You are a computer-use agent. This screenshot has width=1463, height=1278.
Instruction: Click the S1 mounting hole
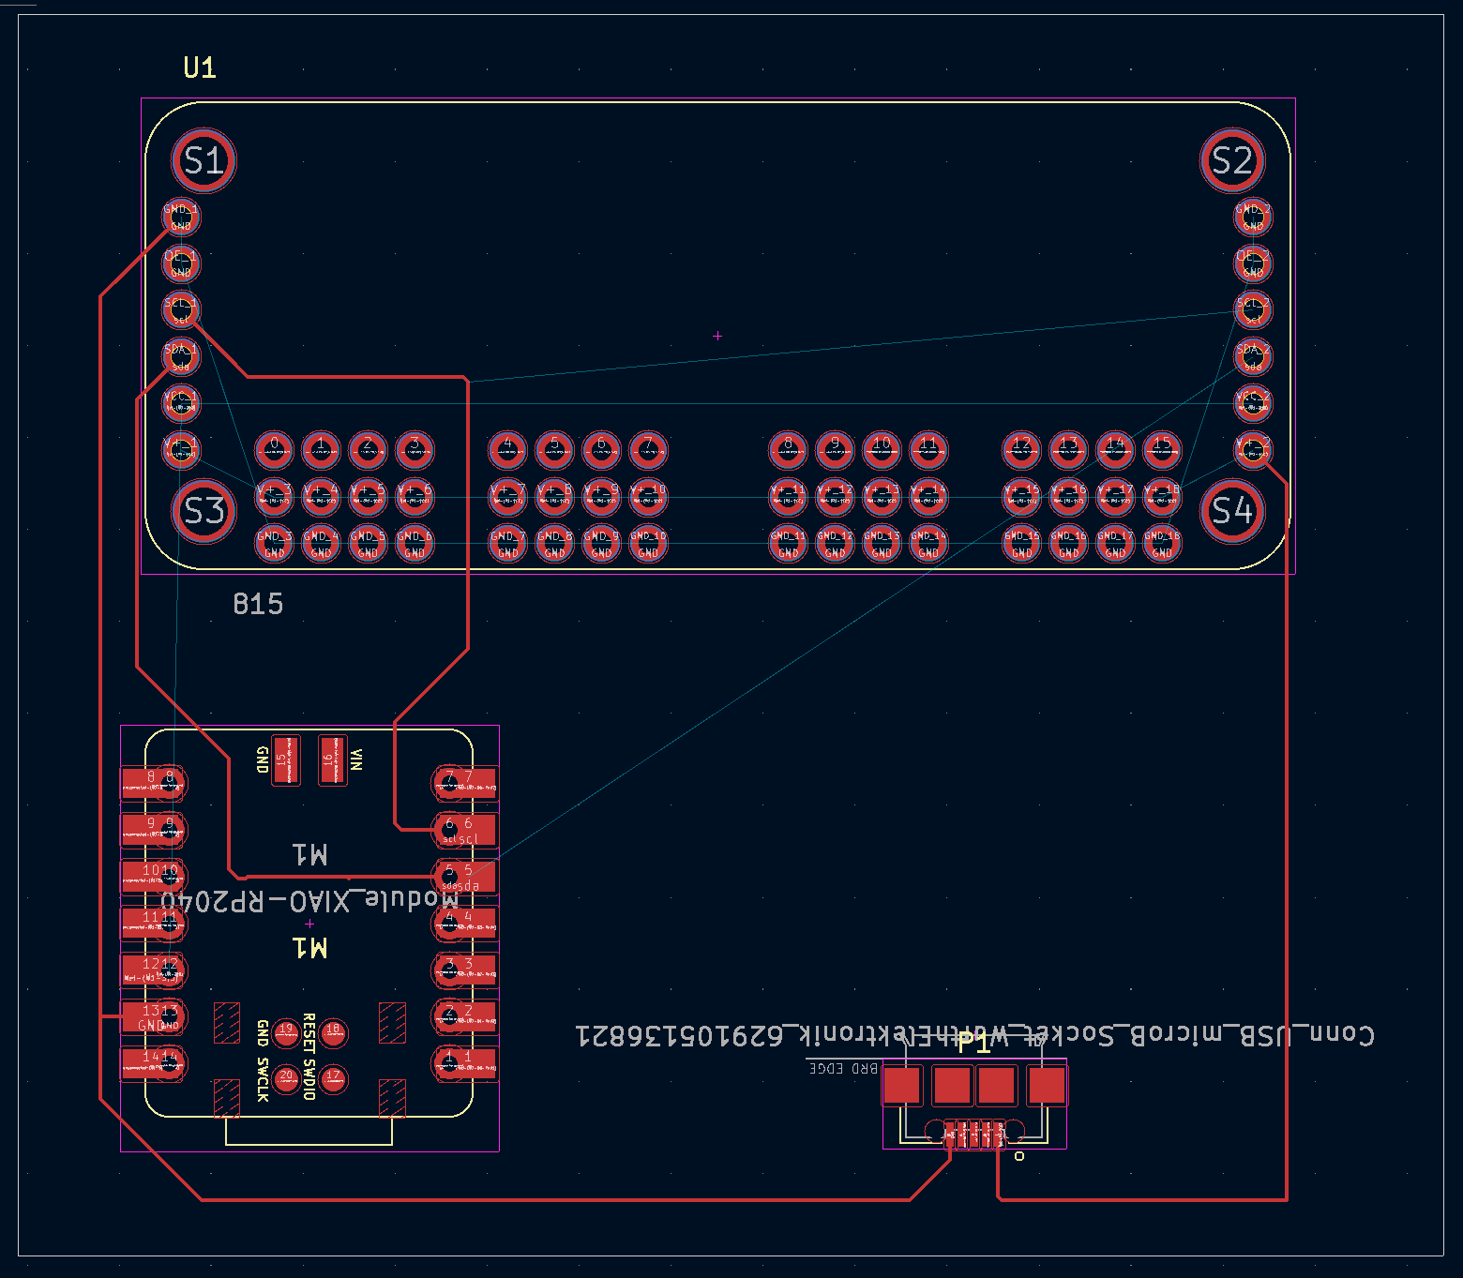[204, 160]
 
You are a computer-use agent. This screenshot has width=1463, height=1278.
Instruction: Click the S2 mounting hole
[1231, 160]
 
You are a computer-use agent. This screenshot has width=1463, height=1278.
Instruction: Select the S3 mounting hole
[204, 511]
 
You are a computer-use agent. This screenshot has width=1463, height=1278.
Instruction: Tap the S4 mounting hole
[1231, 511]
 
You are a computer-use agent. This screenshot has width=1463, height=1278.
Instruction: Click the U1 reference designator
[200, 68]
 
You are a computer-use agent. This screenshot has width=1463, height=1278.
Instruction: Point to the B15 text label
[258, 604]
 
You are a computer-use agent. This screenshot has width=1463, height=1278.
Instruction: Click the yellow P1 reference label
[973, 1044]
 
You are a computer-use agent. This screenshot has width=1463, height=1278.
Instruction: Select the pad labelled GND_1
[181, 218]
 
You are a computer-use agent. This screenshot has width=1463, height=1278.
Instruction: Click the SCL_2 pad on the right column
[1253, 309]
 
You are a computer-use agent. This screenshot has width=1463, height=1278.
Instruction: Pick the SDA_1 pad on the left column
[181, 356]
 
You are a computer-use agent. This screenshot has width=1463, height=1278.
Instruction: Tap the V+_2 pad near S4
[1253, 450]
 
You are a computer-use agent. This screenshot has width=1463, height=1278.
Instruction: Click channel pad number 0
[274, 450]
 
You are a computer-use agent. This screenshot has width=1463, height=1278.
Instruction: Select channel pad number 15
[1162, 450]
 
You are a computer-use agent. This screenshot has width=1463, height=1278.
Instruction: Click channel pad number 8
[788, 450]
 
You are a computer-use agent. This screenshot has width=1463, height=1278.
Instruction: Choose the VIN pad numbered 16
[331, 760]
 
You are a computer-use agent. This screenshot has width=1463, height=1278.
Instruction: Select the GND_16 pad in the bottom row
[1068, 544]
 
